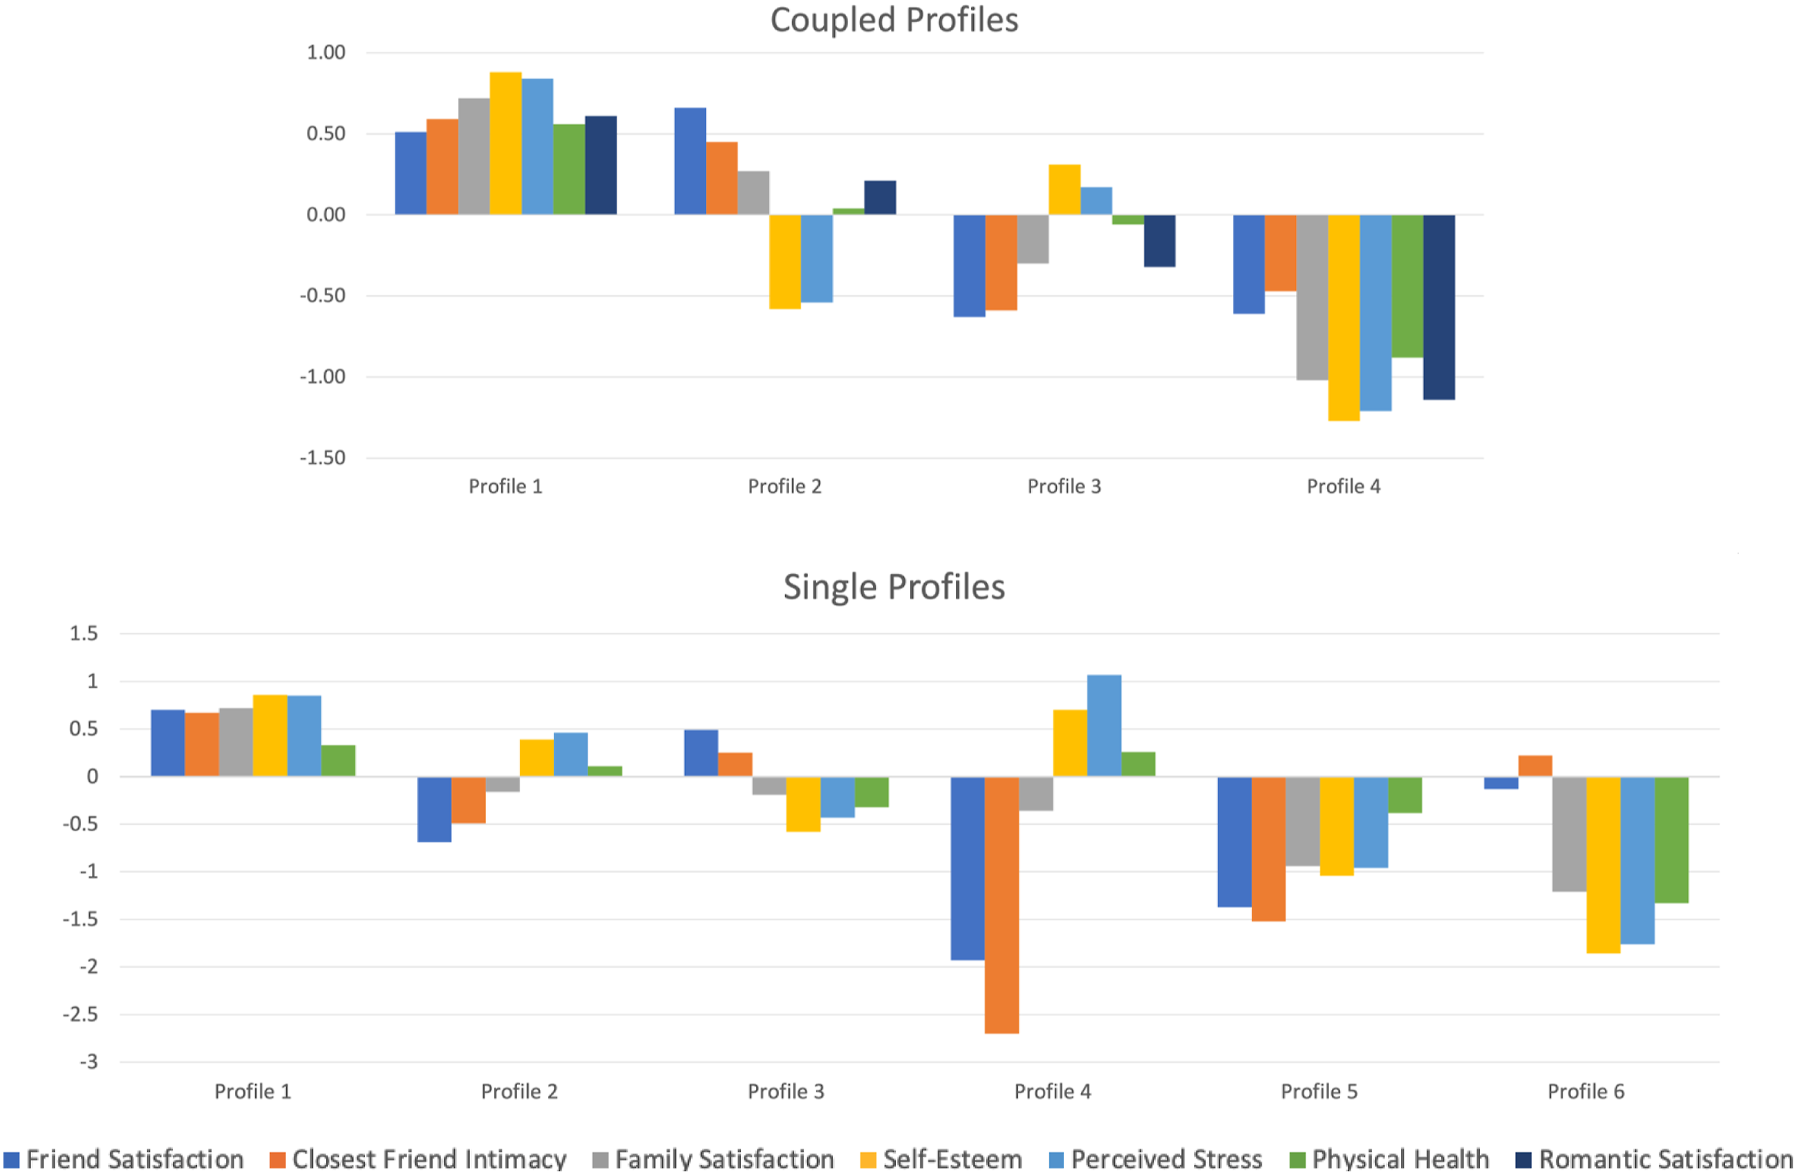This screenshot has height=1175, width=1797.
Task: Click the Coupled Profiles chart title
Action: (894, 19)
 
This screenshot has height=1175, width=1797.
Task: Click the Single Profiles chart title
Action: (894, 587)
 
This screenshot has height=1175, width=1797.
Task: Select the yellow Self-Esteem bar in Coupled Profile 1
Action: (505, 144)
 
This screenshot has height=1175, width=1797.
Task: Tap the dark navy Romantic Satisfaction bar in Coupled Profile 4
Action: (1439, 308)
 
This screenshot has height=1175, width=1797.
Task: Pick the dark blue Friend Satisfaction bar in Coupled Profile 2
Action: (690, 162)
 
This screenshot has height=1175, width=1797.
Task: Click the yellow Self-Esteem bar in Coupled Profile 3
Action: (1064, 189)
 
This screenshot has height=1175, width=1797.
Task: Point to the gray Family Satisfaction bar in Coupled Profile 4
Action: (1313, 297)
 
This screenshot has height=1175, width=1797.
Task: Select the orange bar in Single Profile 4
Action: (1002, 905)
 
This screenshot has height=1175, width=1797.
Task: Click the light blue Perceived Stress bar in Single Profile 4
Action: (1104, 726)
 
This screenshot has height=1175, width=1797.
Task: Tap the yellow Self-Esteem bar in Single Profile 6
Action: (1603, 865)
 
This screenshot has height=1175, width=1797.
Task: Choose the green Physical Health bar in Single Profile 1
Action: (338, 761)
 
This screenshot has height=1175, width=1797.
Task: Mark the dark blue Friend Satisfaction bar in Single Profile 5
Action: (1234, 842)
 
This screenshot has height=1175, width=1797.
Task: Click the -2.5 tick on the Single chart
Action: (81, 1014)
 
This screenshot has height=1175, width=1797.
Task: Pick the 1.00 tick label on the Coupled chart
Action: (326, 53)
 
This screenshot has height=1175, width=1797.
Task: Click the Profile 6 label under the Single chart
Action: (1586, 1091)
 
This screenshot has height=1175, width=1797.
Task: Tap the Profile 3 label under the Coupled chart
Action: (1064, 487)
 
